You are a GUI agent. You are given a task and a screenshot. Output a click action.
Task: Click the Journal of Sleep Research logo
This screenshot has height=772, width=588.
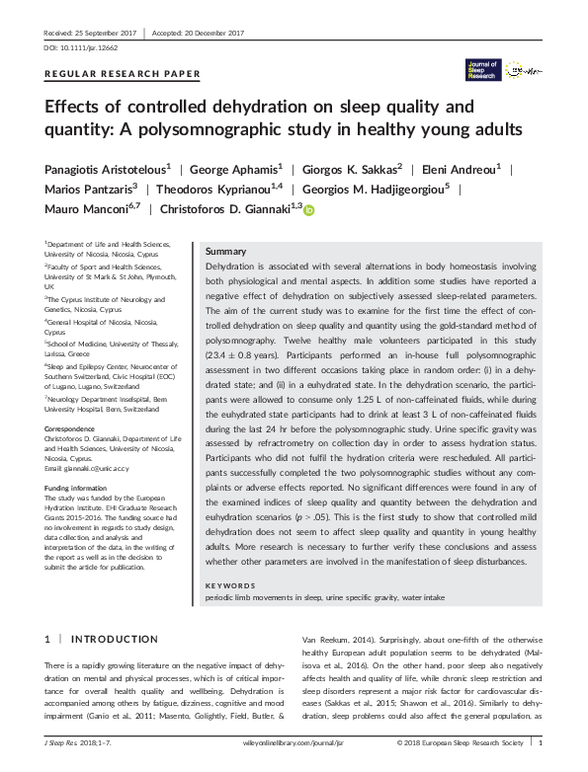pos(483,69)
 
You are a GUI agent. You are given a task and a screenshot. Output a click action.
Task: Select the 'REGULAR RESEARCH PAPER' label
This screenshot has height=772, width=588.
pos(123,74)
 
